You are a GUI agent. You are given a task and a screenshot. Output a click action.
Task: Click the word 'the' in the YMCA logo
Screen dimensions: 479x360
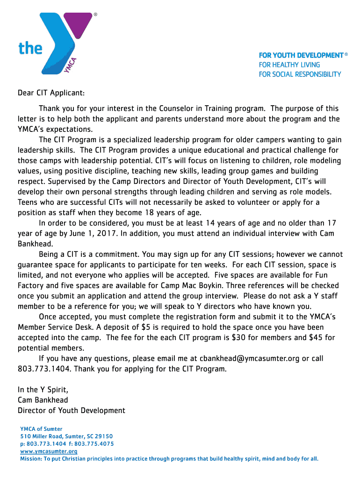pos(30,48)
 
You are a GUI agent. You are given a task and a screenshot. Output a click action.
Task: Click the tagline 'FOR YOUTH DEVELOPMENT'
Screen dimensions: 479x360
pos(301,55)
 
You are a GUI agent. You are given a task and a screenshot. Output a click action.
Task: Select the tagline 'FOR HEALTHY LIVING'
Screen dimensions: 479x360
pos(289,65)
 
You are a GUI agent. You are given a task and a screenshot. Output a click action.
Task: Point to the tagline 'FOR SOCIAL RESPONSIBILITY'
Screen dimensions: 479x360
pos(300,74)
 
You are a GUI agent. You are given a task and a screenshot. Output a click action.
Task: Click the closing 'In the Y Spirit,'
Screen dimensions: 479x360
pos(43,389)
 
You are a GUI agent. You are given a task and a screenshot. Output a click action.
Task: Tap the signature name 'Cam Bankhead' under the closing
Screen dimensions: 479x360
pos(43,400)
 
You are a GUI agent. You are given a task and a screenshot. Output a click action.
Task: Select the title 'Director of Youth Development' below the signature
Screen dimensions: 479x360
pos(71,410)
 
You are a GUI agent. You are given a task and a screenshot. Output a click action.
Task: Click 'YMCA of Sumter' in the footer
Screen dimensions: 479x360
pos(41,428)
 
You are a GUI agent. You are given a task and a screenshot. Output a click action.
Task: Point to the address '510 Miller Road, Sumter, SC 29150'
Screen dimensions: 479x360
pos(66,436)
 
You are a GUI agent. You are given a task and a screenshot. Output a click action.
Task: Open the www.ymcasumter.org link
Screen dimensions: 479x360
pos(49,451)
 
